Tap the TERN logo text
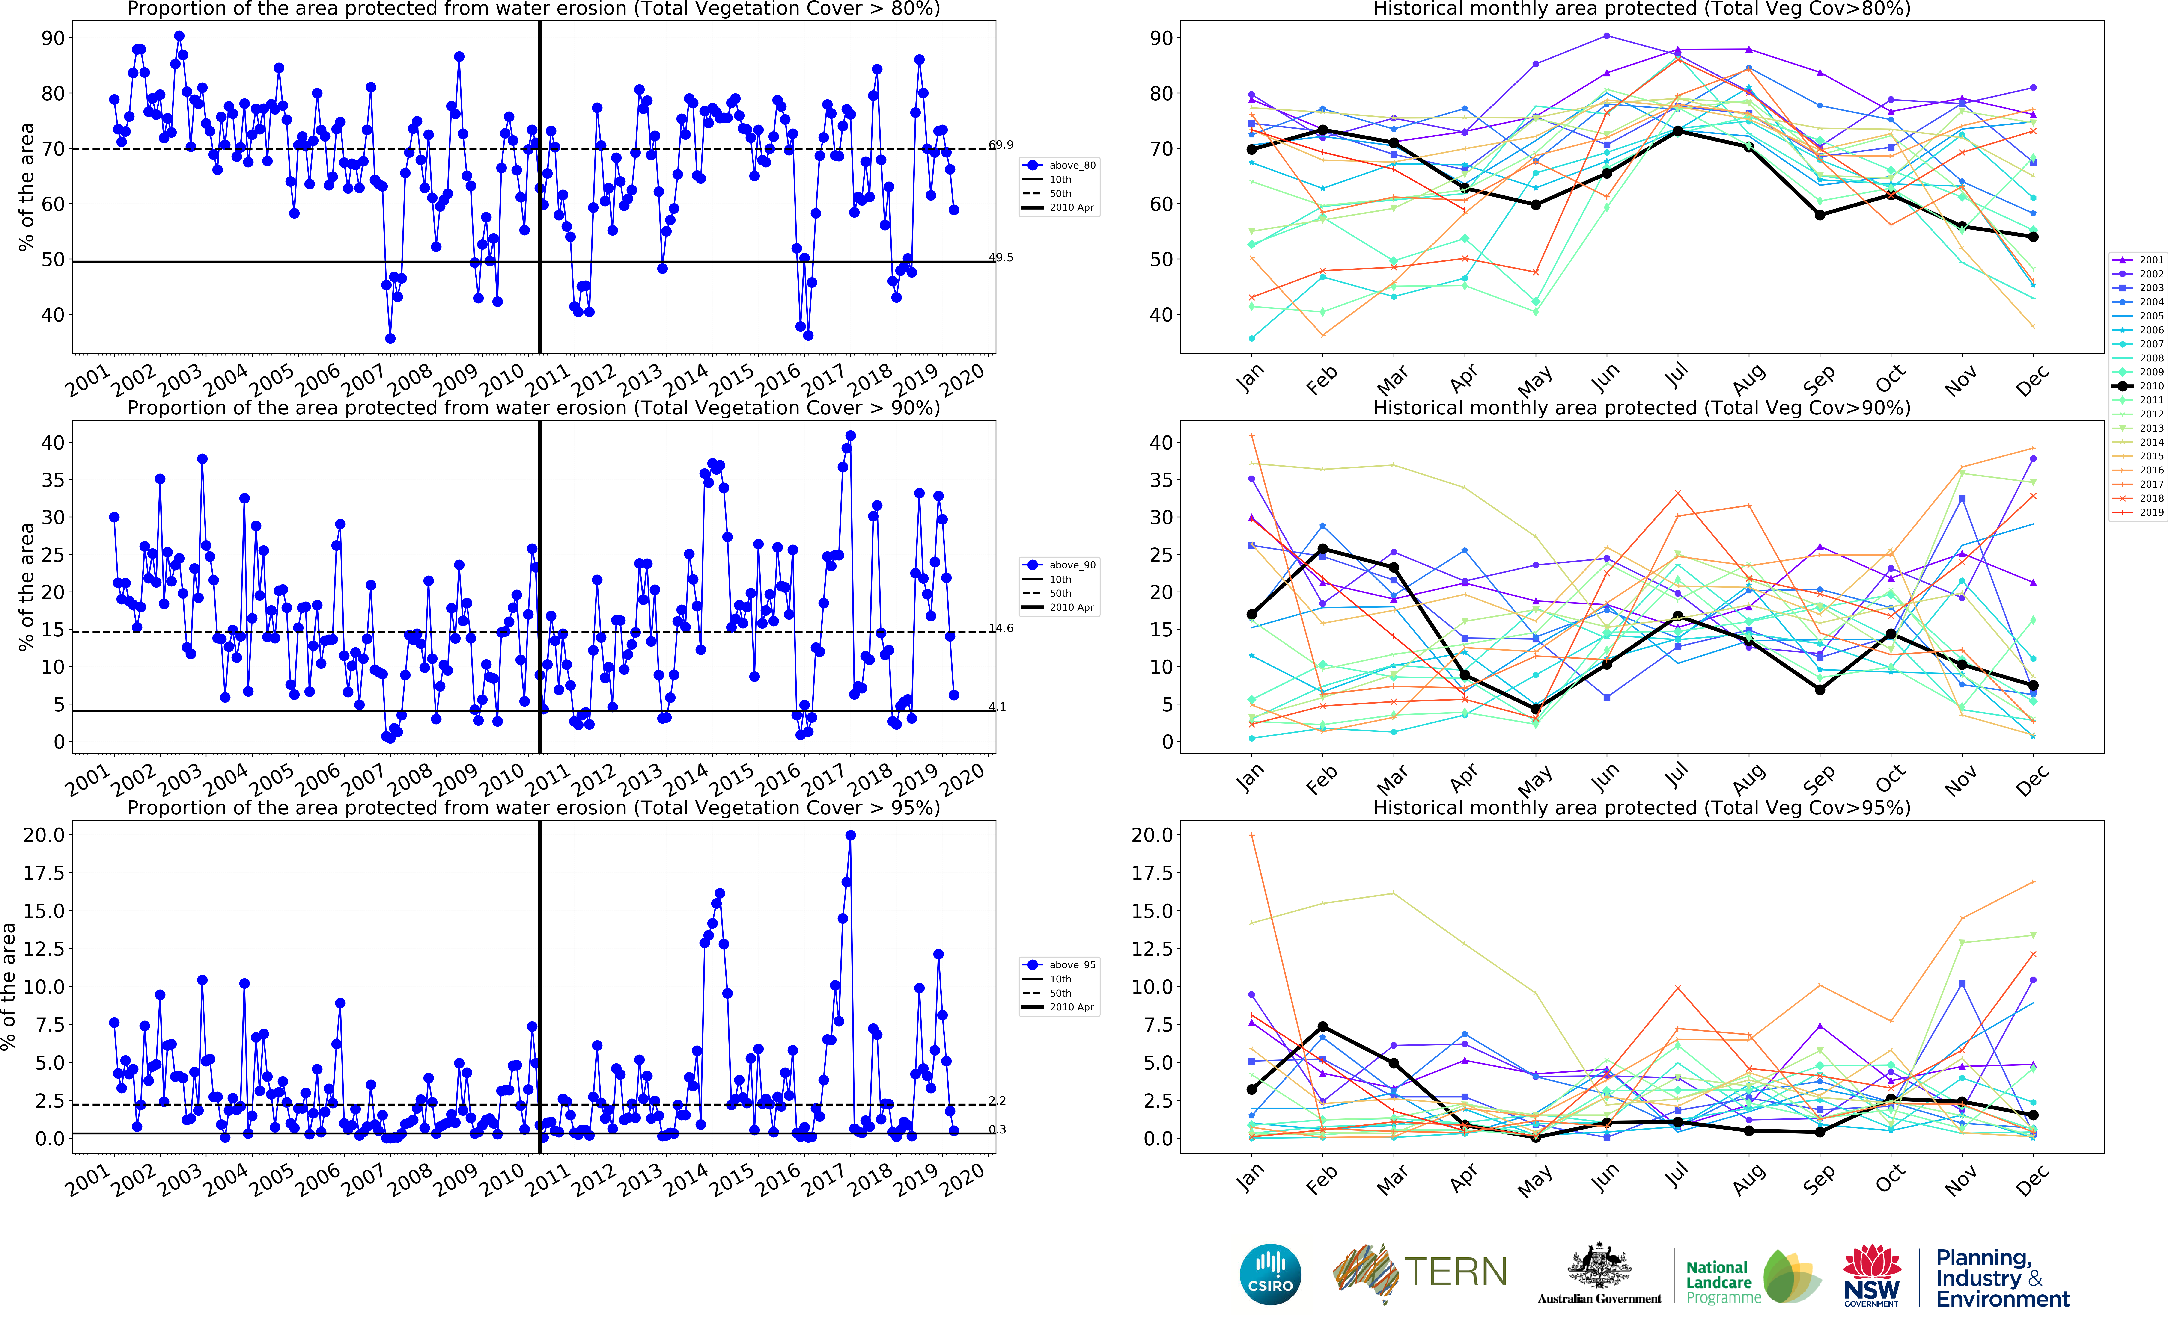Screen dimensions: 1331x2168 tap(1455, 1272)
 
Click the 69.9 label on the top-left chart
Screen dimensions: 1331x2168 tap(1000, 144)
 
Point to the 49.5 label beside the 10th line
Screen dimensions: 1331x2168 tap(1000, 258)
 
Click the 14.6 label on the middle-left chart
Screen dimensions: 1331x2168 tap(1000, 629)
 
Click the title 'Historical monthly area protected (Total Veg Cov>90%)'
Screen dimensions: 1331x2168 tap(1641, 408)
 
